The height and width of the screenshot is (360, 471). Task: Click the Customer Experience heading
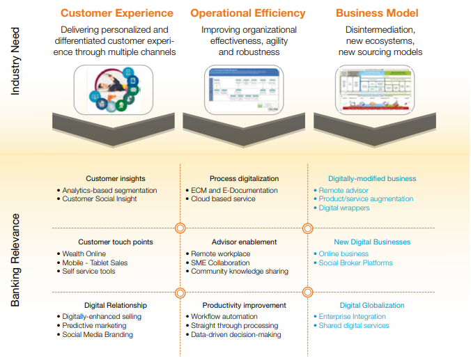pos(117,13)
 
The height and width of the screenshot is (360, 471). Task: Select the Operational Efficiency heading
pos(247,13)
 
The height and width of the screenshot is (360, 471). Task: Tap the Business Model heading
pos(377,13)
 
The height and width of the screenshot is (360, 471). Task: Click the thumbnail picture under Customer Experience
pos(113,90)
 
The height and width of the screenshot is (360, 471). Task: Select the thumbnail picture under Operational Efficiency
pos(245,90)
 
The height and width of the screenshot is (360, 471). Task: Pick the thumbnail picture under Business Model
pos(375,90)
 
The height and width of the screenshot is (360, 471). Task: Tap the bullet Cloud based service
pos(223,199)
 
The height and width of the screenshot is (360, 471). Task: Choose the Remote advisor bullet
pos(343,190)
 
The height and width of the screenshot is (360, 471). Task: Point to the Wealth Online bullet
pos(84,254)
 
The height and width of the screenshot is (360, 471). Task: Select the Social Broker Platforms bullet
pos(355,263)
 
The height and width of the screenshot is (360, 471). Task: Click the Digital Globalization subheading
pos(372,305)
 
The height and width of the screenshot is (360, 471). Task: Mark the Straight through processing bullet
pos(235,325)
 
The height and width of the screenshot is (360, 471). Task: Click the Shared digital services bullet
pos(354,326)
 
